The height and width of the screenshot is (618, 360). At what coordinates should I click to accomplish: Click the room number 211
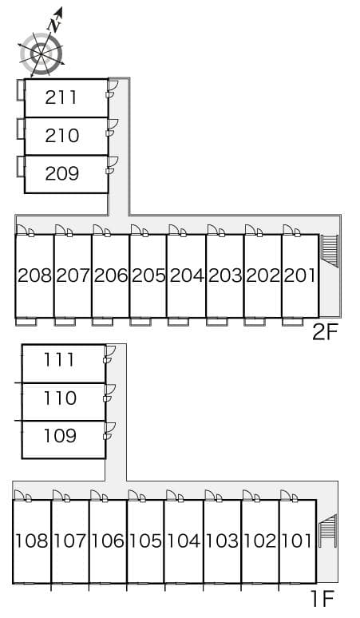[x=61, y=97]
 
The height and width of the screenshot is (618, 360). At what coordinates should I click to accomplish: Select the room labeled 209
[x=61, y=173]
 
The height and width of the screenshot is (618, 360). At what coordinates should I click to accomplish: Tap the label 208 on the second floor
[x=34, y=275]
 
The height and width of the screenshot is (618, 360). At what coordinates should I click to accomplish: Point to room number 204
[x=187, y=275]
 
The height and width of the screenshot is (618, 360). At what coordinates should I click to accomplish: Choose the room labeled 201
[x=300, y=275]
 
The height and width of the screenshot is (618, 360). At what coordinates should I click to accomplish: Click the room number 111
[x=59, y=360]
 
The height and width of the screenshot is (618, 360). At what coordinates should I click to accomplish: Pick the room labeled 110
[x=60, y=398]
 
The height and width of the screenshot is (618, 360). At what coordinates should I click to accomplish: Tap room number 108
[x=31, y=541]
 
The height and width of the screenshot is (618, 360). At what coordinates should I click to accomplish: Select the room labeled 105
[x=145, y=541]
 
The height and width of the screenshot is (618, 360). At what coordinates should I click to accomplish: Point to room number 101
[x=298, y=541]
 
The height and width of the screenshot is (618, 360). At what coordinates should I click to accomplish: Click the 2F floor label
[x=325, y=333]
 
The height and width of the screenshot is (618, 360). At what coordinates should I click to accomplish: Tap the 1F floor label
[x=322, y=599]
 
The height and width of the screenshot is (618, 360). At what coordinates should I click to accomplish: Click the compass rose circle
[x=42, y=54]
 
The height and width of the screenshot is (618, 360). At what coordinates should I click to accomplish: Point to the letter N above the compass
[x=54, y=26]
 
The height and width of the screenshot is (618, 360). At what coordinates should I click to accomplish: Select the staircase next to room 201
[x=330, y=251]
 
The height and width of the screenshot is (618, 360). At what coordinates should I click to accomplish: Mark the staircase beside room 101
[x=328, y=531]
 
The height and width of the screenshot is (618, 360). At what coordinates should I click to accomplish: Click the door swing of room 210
[x=113, y=123]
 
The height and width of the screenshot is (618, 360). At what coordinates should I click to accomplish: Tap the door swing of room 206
[x=98, y=229]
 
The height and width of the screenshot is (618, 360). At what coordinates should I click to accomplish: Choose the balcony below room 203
[x=217, y=322]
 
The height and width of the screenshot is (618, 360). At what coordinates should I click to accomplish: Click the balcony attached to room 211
[x=21, y=90]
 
